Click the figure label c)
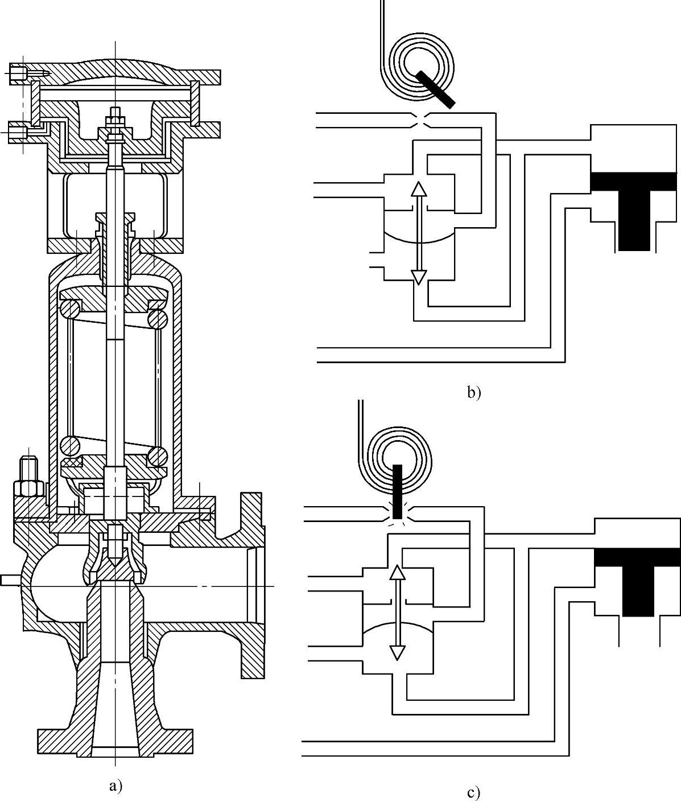473,792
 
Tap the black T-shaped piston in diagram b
634,205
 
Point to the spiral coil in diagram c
398,455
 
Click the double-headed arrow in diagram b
419,233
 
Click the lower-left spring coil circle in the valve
71,445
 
